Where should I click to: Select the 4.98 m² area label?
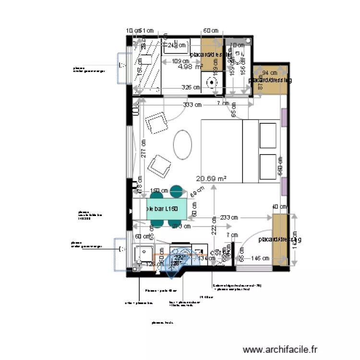(x=190, y=67)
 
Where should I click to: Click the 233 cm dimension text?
(x=229, y=217)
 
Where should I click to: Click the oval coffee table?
(x=183, y=144)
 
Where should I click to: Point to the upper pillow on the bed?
(x=269, y=136)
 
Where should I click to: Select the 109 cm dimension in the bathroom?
(x=180, y=61)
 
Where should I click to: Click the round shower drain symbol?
(x=212, y=83)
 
